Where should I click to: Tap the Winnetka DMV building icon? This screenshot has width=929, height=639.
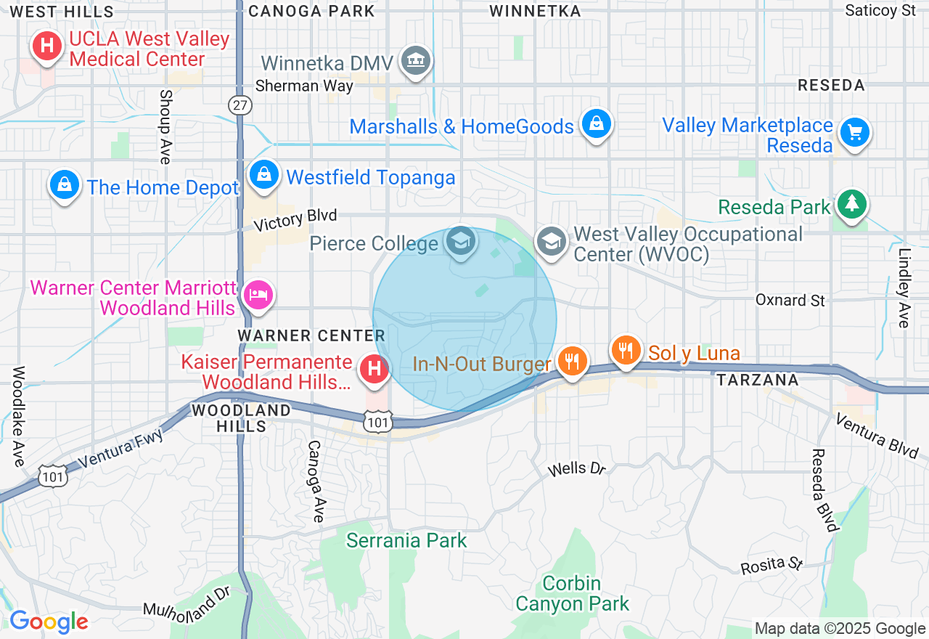[417, 61]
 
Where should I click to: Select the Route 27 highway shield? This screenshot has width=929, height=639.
[240, 105]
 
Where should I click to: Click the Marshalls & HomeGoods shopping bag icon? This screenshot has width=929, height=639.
[596, 124]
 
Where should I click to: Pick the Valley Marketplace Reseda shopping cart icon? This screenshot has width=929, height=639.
[854, 133]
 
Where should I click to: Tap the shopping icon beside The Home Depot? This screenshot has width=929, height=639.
[65, 184]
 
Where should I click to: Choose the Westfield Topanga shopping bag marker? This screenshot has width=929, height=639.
[264, 175]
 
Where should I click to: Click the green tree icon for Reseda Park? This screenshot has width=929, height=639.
[851, 204]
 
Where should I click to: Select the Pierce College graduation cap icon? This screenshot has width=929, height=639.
[460, 240]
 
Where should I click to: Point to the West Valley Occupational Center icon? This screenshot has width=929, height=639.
[552, 241]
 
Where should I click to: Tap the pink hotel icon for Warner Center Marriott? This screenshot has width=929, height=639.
[258, 295]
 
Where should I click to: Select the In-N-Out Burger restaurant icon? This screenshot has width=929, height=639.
[573, 360]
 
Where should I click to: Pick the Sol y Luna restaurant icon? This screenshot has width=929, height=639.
[626, 351]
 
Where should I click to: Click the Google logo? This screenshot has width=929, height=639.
[49, 622]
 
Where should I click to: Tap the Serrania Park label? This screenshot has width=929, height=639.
[406, 541]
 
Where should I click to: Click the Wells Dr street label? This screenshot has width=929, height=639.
[576, 469]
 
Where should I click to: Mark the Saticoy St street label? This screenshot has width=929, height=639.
[880, 10]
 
